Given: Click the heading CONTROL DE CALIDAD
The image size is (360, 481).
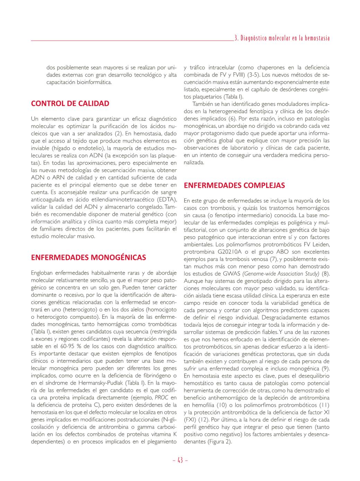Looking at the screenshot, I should click(x=70, y=103).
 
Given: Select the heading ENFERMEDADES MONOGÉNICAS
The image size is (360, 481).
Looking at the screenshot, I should click(x=88, y=257).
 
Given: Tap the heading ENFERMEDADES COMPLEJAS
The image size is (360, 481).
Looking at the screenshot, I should click(x=234, y=185).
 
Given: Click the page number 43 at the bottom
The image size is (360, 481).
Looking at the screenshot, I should click(x=180, y=460).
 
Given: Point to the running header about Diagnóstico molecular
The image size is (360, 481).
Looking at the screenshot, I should click(x=282, y=38).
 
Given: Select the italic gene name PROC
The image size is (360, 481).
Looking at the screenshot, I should click(x=161, y=397).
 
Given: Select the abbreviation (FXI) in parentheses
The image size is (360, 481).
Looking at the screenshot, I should click(x=190, y=420).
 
